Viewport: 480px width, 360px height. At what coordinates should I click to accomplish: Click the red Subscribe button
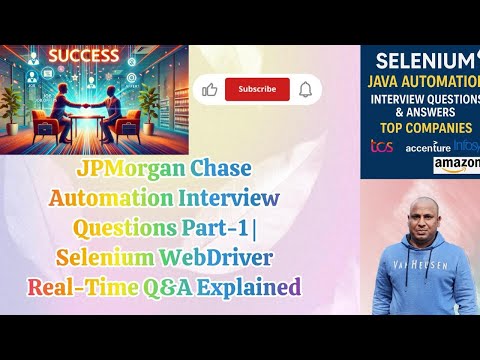(257, 89)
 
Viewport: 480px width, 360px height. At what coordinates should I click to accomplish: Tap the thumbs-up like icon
(210, 89)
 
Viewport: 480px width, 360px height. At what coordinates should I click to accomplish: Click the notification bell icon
(305, 89)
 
